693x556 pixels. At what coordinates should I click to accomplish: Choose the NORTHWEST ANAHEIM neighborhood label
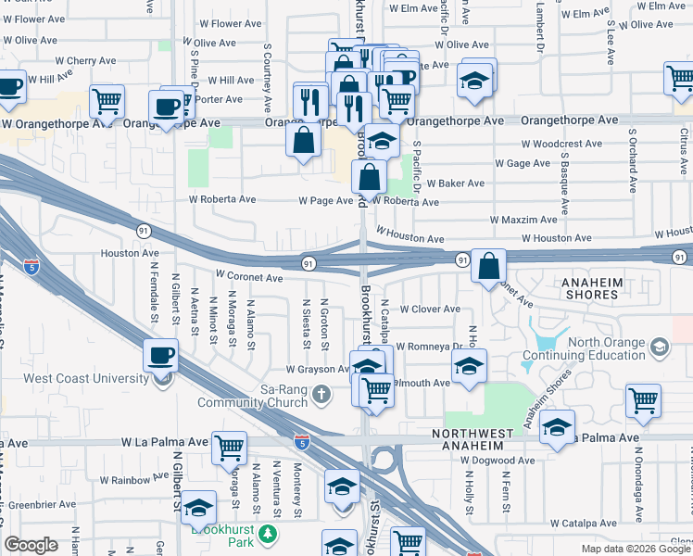coord(479,440)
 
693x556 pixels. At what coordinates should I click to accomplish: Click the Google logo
coord(31,545)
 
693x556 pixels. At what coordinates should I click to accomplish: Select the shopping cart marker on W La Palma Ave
coord(229,449)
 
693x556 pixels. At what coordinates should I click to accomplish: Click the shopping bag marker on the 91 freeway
coord(488,267)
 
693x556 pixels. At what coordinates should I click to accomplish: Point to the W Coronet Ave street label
coord(249,277)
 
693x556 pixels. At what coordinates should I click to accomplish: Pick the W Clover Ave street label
coord(429,310)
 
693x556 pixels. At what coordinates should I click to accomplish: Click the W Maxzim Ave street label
coord(525,221)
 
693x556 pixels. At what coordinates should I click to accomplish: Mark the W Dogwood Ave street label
coord(498,461)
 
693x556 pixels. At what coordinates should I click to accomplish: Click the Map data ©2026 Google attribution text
coord(636,549)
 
